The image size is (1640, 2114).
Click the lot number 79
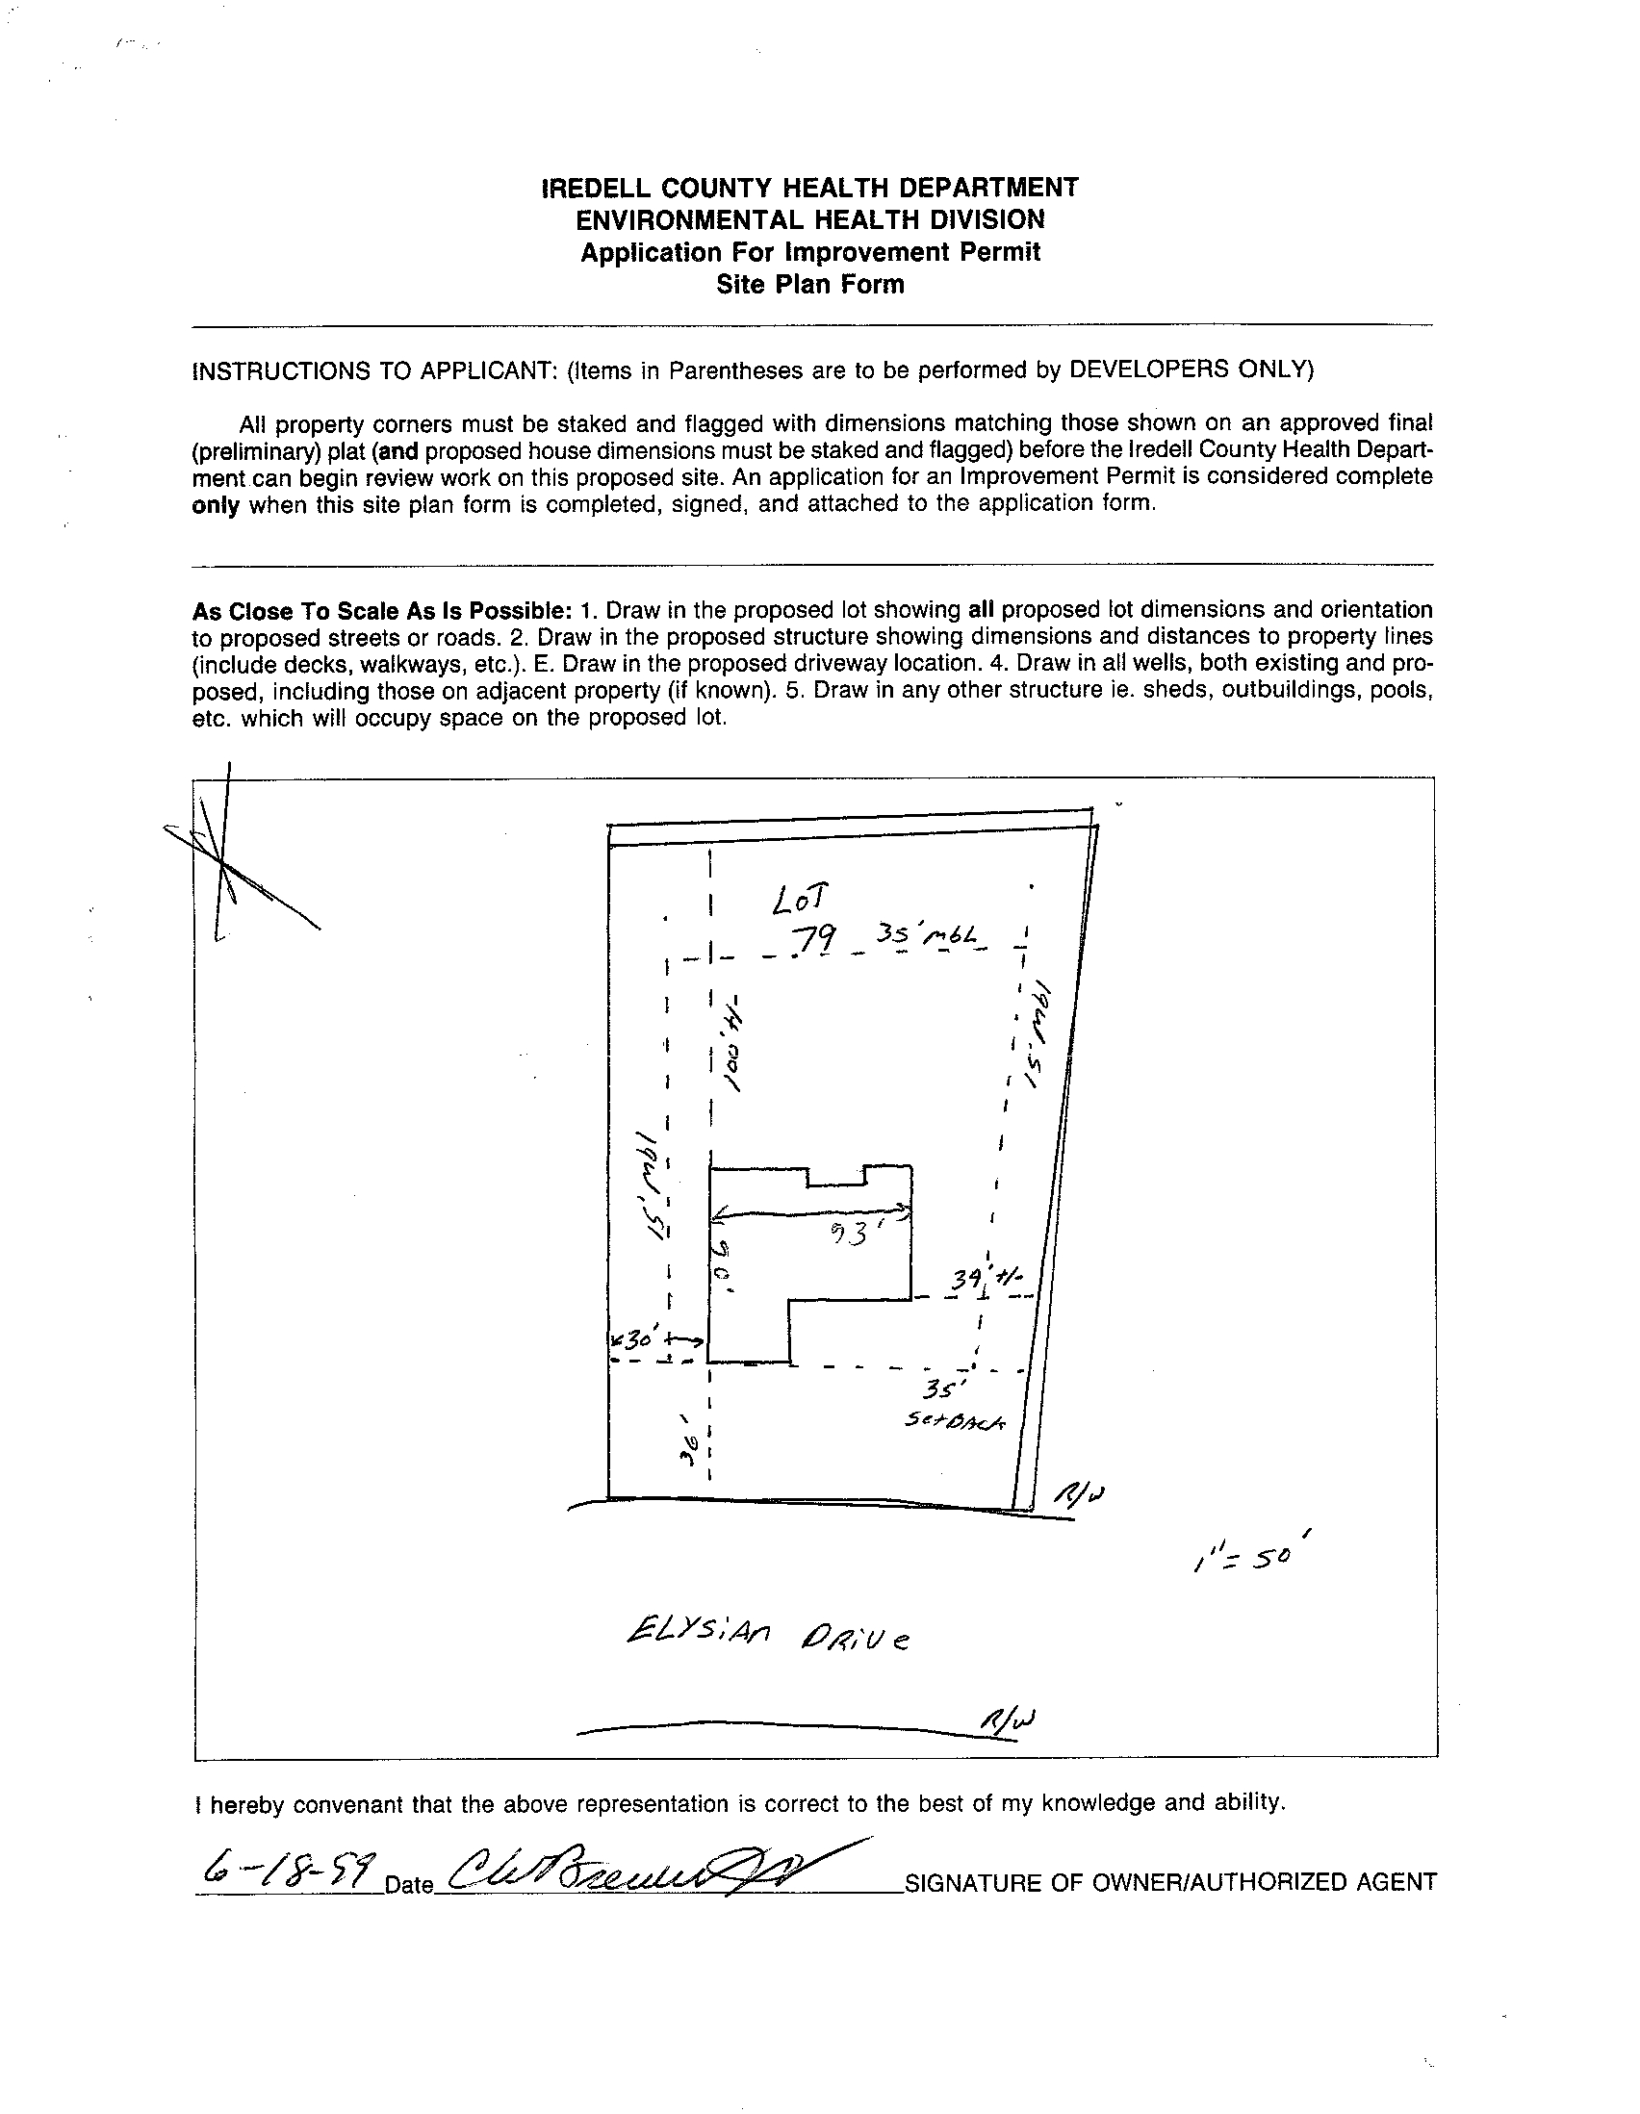click(815, 939)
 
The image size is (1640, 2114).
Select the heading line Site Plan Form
click(809, 285)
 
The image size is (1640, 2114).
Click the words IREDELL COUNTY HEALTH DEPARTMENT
click(809, 187)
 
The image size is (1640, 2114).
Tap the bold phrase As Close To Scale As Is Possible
click(381, 611)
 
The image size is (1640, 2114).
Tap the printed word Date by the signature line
click(408, 1886)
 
